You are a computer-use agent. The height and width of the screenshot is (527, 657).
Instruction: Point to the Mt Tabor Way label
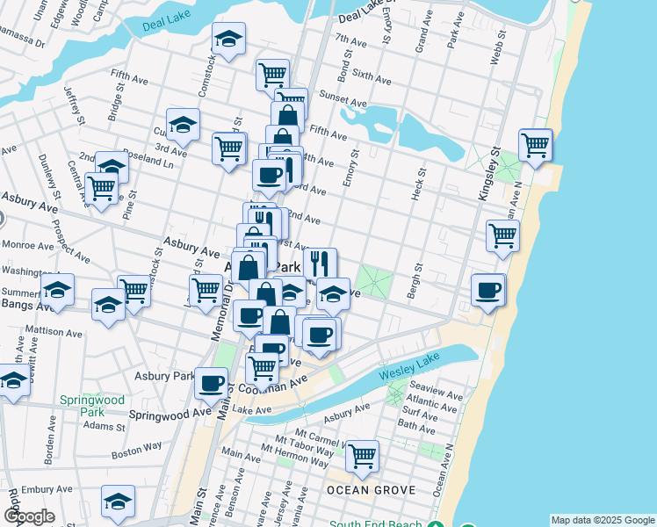pos(304,441)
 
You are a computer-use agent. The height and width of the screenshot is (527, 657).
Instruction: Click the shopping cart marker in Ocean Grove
pos(362,456)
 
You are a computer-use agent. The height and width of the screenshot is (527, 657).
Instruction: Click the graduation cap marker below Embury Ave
pos(118,501)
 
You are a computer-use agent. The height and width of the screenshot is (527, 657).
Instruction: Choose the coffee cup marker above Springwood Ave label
pos(211,382)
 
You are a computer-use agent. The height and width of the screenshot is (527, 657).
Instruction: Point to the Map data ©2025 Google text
pos(603,520)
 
